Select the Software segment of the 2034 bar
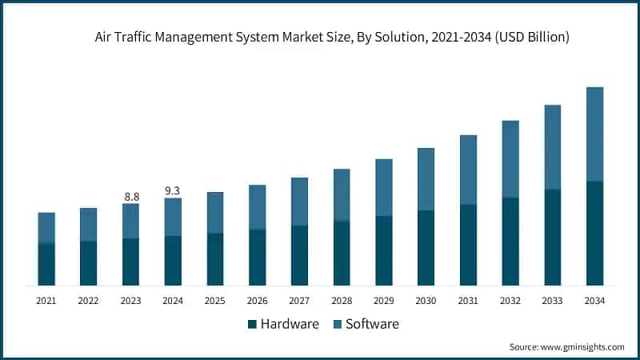(594, 134)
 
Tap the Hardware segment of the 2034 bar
(594, 233)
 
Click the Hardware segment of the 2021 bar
(46, 264)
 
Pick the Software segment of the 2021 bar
(46, 227)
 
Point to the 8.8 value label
(131, 196)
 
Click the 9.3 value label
(173, 190)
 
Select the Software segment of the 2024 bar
(173, 217)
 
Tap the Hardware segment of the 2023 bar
(131, 262)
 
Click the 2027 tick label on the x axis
(299, 301)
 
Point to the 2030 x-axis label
(426, 301)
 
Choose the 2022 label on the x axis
(89, 301)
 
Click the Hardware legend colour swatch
(253, 324)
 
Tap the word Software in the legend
(373, 324)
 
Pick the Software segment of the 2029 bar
(384, 187)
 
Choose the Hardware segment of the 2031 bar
(468, 245)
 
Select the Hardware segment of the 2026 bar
(257, 257)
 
